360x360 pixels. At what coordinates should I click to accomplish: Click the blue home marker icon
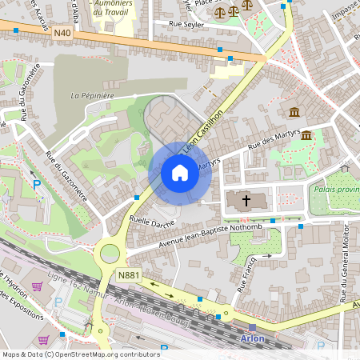click(x=180, y=173)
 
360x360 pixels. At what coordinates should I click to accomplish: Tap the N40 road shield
click(x=64, y=33)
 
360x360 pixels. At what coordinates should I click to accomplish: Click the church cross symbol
click(x=246, y=200)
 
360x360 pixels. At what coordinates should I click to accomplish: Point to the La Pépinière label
click(x=90, y=95)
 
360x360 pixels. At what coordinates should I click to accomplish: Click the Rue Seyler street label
click(x=188, y=24)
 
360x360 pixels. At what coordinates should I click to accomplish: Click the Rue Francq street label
click(x=247, y=273)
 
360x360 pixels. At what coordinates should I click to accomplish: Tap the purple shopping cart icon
click(x=37, y=286)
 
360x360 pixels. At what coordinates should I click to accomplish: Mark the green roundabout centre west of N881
click(x=110, y=254)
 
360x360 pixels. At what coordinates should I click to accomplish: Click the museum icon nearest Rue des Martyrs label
click(x=306, y=135)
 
